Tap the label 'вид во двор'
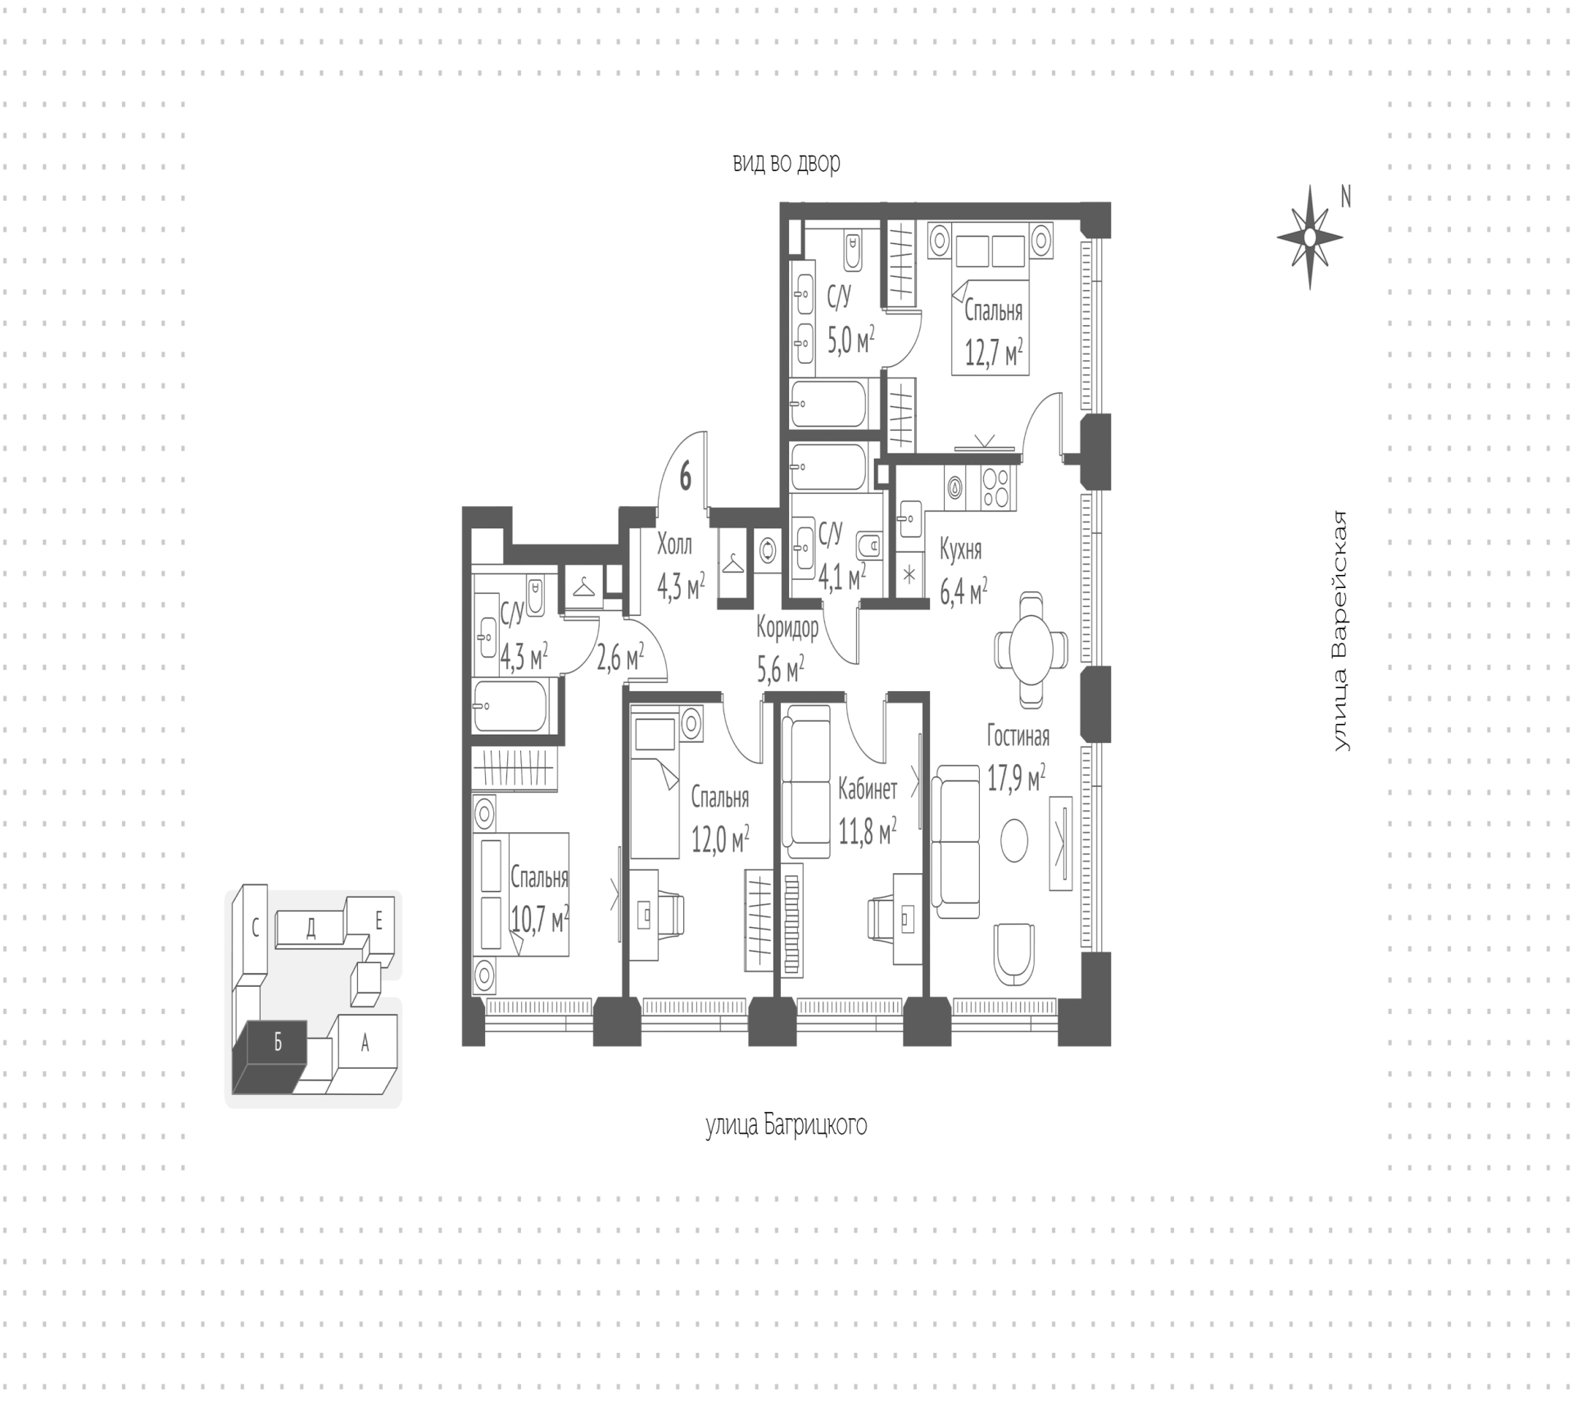coord(786,163)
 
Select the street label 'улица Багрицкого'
coord(786,1125)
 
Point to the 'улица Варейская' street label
coord(1340,631)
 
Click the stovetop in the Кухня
coord(998,486)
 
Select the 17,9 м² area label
coord(1016,778)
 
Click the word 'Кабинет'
coord(868,789)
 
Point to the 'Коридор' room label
coord(787,628)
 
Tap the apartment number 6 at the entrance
coord(685,476)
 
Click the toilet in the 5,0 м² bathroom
coord(853,251)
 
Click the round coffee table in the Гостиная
coord(1015,840)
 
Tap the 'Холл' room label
coord(674,545)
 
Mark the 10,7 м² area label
coord(539,920)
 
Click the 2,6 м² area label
coord(619,658)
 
